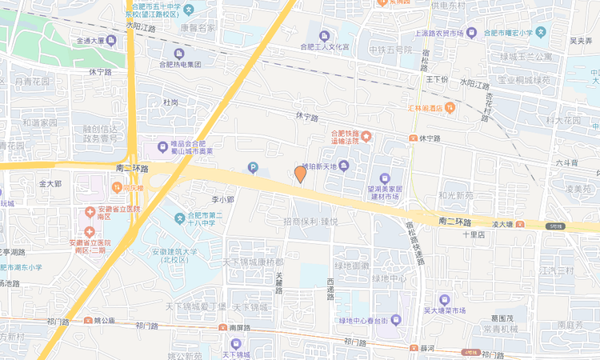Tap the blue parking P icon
(254, 167)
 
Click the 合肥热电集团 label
(184, 65)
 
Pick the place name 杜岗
(170, 102)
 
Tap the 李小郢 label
(222, 199)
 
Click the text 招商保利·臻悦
(311, 221)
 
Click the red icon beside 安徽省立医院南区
(90, 211)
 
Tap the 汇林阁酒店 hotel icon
(450, 107)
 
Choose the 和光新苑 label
(456, 195)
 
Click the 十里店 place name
(474, 234)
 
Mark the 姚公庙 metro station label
(104, 321)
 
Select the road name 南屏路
(240, 327)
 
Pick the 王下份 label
(438, 79)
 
